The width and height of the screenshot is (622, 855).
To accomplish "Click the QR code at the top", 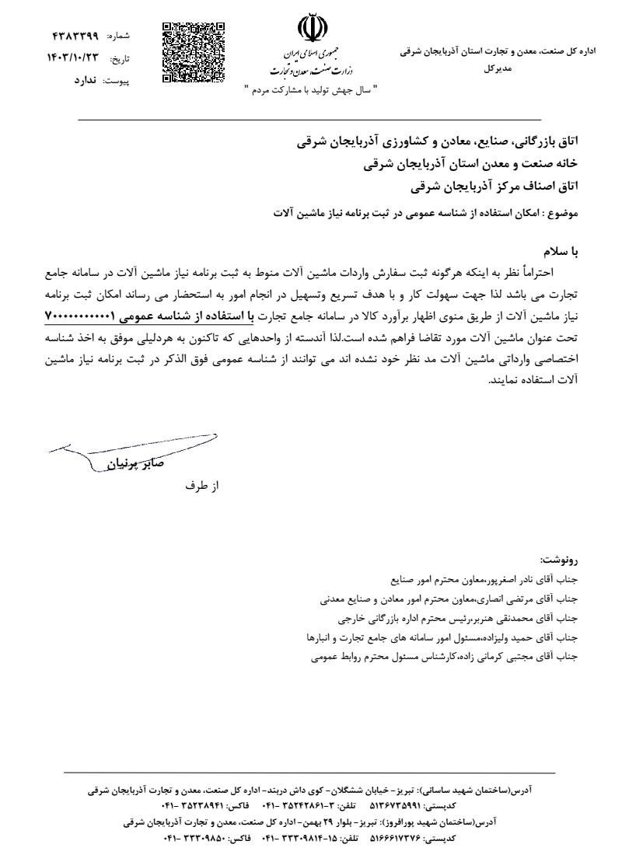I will pyautogui.click(x=194, y=53).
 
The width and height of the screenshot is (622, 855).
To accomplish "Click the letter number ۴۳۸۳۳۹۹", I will pyautogui.click(x=75, y=37).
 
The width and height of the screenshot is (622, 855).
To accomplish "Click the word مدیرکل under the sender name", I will pyautogui.click(x=498, y=69).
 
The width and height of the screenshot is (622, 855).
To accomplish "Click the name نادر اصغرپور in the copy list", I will pyautogui.click(x=507, y=579).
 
